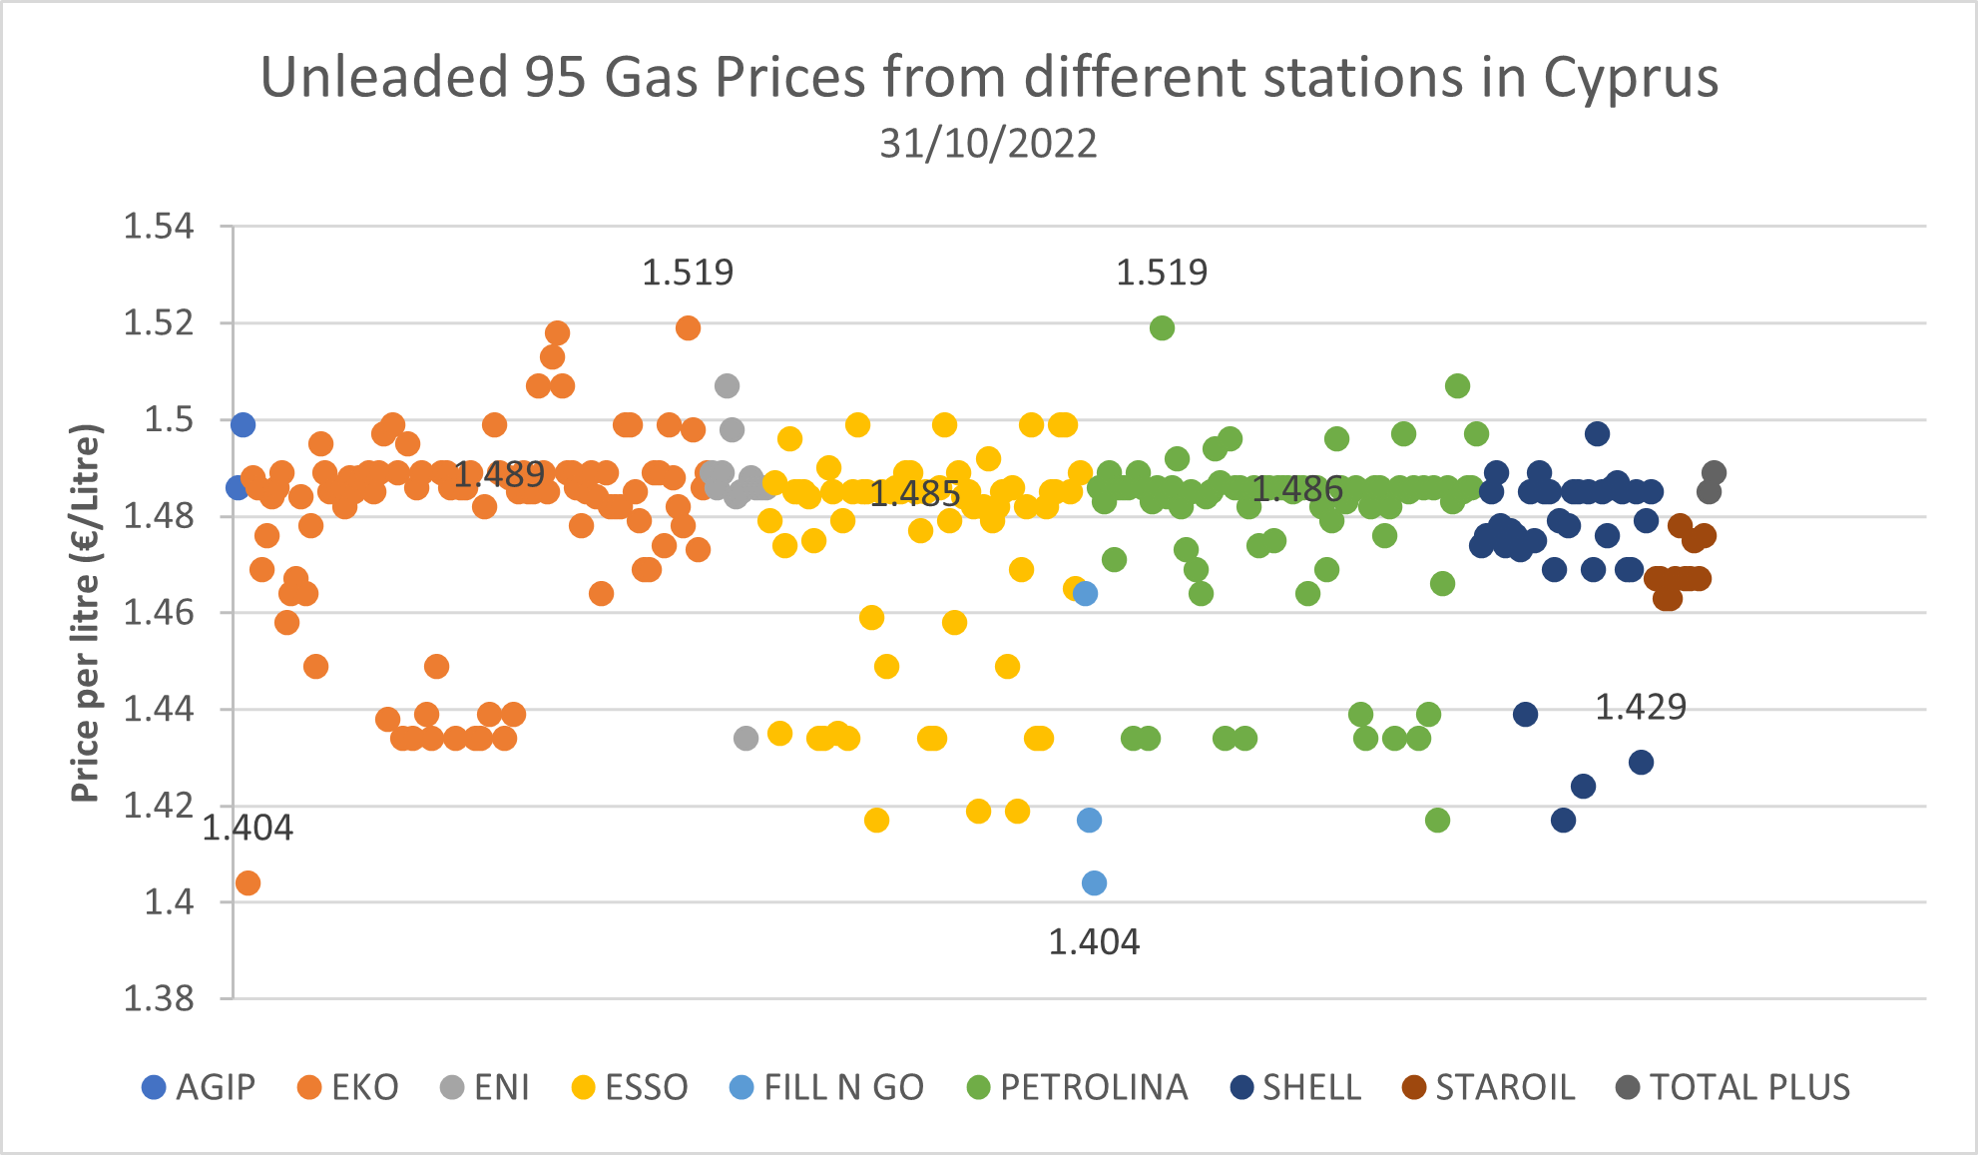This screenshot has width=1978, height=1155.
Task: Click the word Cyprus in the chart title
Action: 1631,78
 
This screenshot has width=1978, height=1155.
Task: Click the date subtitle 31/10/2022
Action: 988,144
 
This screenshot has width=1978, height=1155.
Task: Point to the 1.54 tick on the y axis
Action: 158,227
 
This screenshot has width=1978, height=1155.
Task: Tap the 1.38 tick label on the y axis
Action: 158,997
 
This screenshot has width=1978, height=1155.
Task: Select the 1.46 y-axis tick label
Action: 158,612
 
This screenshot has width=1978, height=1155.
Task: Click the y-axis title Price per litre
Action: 86,613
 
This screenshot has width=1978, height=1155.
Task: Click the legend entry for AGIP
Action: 199,1087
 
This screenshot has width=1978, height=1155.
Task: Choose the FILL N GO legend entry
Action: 827,1087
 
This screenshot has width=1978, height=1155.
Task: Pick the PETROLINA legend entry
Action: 1078,1087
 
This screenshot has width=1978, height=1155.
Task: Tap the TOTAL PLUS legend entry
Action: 1733,1087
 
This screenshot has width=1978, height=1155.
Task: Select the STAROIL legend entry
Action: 1489,1087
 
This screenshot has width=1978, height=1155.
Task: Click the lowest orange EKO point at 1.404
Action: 248,882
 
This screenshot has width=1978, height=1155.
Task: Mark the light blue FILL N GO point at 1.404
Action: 1094,882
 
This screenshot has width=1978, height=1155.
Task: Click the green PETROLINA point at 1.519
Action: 1162,327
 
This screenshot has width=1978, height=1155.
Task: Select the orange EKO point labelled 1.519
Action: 688,327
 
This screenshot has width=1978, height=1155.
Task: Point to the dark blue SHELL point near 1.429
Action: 1641,762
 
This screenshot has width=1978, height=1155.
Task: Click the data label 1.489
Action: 499,474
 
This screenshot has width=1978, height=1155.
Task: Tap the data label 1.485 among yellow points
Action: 914,493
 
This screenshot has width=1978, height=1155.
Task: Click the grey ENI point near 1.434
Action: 745,738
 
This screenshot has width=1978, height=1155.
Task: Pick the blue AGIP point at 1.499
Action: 243,424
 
